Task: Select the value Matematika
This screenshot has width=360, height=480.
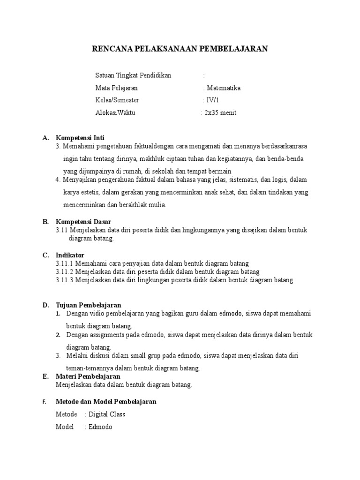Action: (223, 88)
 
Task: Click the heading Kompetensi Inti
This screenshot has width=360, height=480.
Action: (80, 138)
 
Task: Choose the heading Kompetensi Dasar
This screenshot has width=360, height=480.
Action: (83, 222)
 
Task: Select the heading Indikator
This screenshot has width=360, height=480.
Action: (70, 255)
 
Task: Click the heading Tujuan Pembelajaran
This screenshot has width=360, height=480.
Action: (89, 305)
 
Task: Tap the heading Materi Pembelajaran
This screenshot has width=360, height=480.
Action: (88, 376)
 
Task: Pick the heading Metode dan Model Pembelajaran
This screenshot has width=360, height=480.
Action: (106, 402)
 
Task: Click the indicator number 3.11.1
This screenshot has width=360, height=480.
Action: (65, 263)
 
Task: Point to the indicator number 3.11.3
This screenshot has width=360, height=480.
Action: (65, 280)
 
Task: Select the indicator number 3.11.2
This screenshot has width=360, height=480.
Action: (65, 272)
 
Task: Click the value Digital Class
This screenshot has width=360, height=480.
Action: (107, 414)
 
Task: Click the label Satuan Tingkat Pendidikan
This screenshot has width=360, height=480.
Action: (134, 75)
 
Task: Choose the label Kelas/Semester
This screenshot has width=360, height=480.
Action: (117, 100)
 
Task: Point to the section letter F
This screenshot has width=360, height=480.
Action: (45, 402)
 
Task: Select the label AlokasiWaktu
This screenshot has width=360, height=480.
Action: (115, 113)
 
